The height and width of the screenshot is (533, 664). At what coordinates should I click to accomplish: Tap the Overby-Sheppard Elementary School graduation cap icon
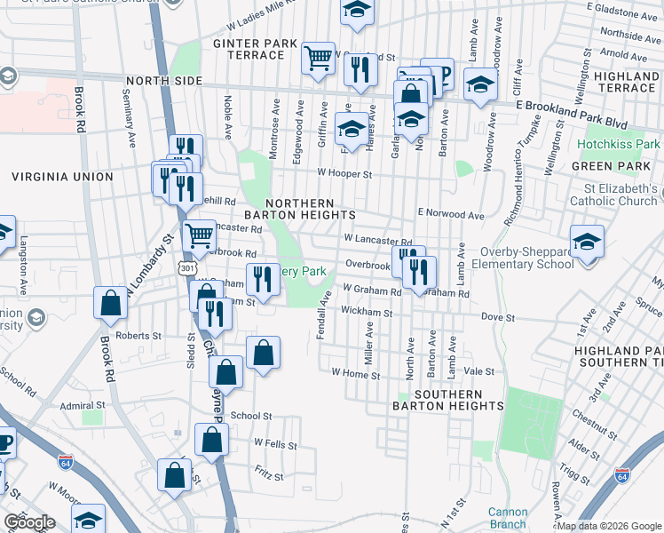[587, 242]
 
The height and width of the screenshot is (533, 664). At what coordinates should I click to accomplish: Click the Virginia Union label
[62, 177]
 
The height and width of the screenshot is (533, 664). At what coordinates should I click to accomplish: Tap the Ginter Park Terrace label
[249, 49]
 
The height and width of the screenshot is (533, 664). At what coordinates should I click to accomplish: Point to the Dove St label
[498, 317]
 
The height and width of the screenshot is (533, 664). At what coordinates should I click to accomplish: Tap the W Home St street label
[355, 375]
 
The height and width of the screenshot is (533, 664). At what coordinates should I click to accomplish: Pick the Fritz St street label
[268, 476]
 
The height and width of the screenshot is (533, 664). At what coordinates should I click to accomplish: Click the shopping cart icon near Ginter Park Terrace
[318, 59]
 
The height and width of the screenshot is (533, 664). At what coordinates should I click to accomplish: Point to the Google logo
[29, 522]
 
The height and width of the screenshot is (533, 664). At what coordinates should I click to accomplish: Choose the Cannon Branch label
[508, 518]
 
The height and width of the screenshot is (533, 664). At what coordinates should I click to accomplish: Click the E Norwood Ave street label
[451, 215]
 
